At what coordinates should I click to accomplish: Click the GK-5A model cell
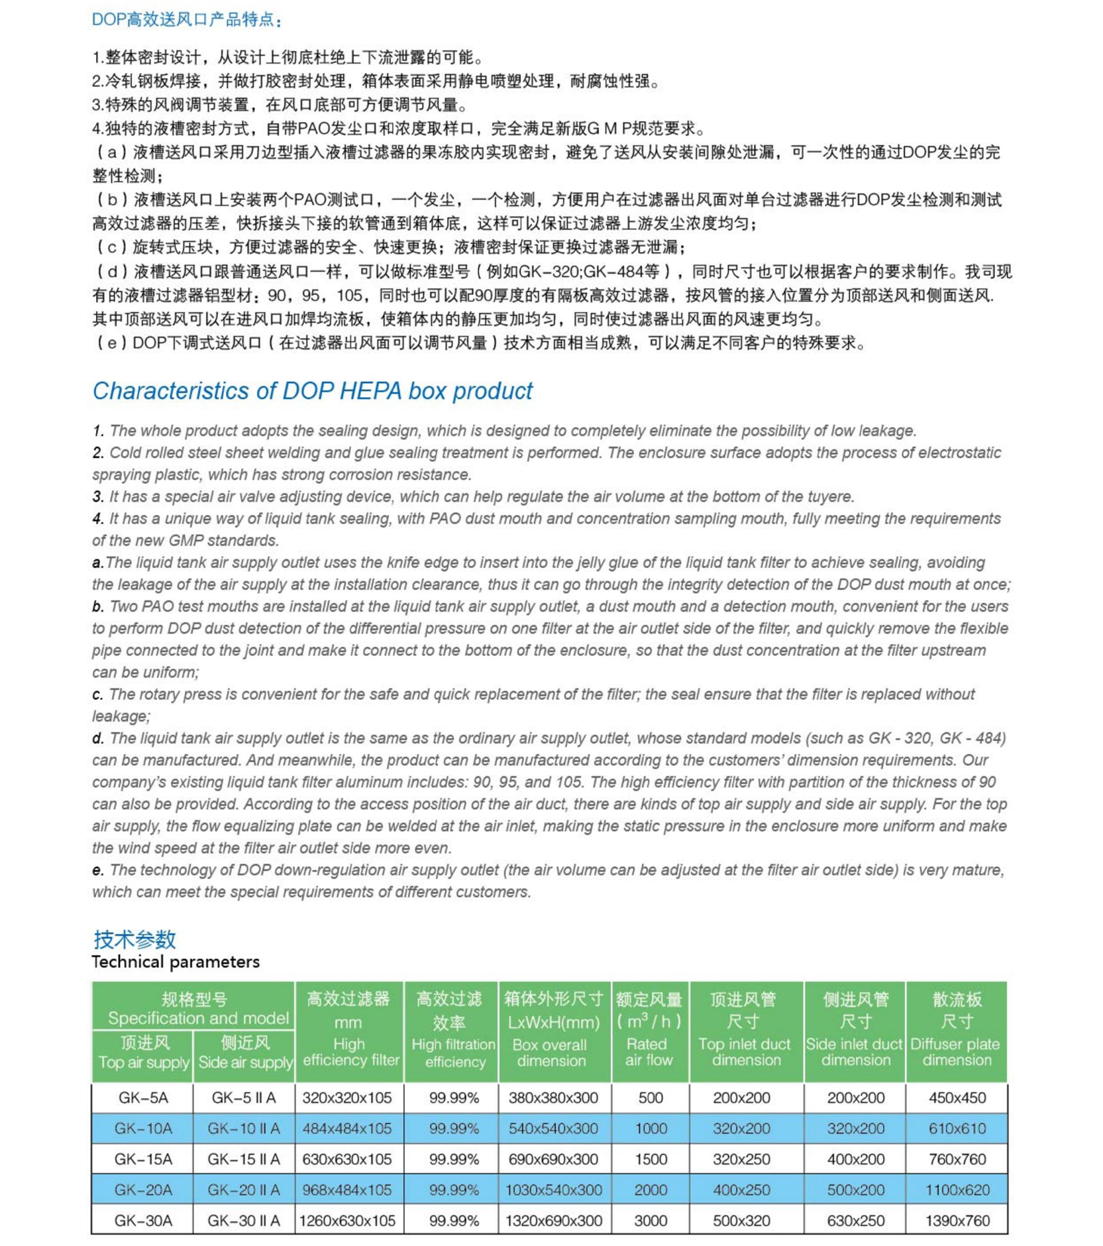pos(143,1098)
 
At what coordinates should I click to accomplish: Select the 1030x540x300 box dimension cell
pos(554,1190)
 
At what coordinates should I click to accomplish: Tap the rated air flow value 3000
pos(650,1220)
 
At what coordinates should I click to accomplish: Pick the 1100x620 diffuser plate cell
pos(957,1190)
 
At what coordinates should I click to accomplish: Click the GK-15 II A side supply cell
pos(244,1159)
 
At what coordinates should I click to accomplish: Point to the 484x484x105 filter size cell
pos(347,1128)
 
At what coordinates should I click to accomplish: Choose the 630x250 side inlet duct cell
pos(855,1220)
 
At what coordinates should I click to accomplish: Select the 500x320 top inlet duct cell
pos(741,1220)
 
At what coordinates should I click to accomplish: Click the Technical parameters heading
pos(176,962)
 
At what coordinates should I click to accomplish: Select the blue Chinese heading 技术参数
pos(134,939)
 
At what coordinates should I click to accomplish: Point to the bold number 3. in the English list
pos(98,496)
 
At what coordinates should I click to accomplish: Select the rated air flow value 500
pos(650,1098)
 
